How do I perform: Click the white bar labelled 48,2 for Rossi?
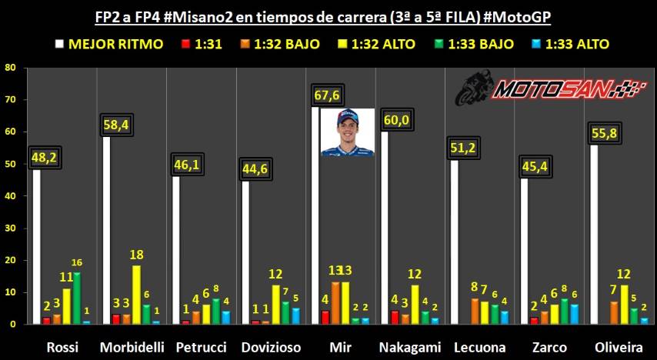click(x=36, y=246)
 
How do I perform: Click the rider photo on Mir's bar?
click(x=348, y=132)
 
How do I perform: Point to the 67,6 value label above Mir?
click(x=328, y=95)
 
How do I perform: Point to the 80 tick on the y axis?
click(x=10, y=67)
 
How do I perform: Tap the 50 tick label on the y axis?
click(x=10, y=164)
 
